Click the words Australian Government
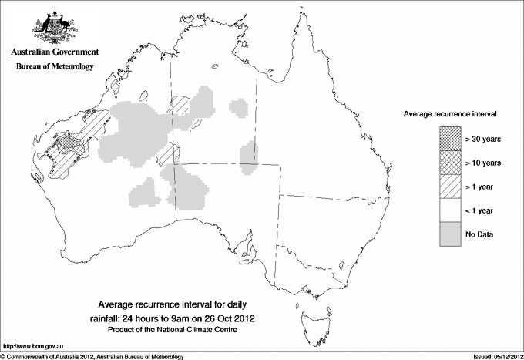pos(54,52)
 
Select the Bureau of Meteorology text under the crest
pos(54,67)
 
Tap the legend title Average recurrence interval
pos(450,113)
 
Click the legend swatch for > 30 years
pos(451,140)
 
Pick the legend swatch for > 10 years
pos(451,163)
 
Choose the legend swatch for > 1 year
pos(451,187)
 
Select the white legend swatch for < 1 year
pos(451,210)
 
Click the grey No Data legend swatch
pos(451,234)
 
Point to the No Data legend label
pos(479,234)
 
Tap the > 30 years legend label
pos(482,140)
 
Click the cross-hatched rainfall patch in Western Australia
pos(72,143)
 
